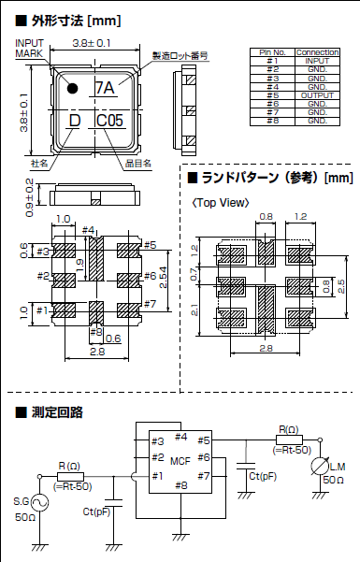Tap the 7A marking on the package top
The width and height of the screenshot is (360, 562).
click(106, 89)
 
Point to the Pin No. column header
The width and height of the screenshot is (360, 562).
click(272, 53)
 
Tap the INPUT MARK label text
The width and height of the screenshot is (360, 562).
click(29, 49)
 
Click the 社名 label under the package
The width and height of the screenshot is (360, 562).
click(39, 163)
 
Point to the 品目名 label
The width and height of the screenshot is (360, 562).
click(138, 163)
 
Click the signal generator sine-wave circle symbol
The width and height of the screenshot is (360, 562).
click(41, 502)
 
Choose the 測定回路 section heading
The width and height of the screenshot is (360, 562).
click(58, 411)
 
